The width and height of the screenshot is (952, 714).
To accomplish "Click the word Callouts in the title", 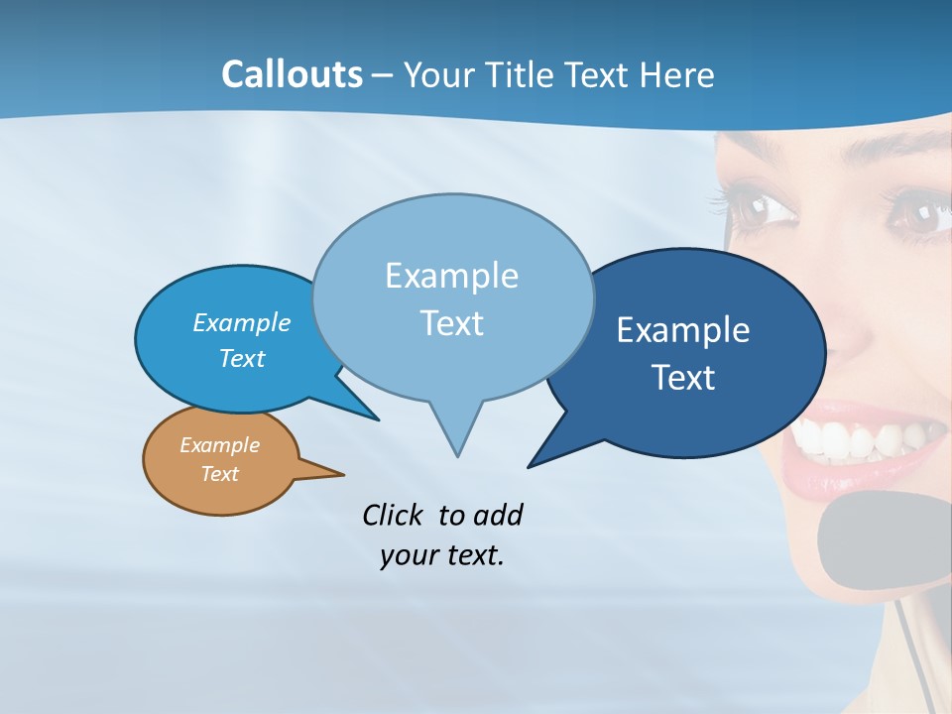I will pos(292,74).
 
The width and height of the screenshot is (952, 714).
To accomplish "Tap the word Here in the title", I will pos(678,74).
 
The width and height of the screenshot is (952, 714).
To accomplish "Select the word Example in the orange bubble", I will pos(219,445).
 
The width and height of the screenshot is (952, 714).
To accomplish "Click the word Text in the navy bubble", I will pos(683,378).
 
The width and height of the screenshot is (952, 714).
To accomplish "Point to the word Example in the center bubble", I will pos(451,276).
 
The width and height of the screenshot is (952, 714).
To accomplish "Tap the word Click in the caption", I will pos(393,515).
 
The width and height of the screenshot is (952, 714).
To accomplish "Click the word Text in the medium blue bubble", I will pos(242,359).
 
